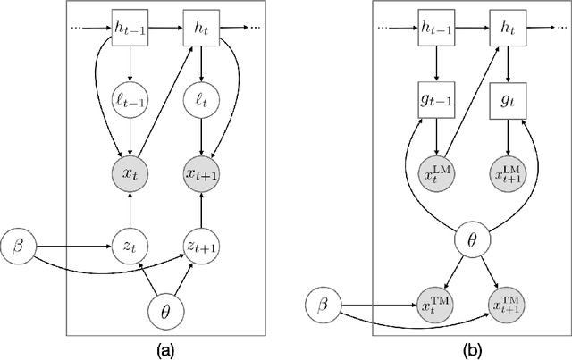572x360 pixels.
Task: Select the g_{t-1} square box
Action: point(437,101)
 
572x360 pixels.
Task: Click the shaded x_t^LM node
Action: point(437,172)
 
